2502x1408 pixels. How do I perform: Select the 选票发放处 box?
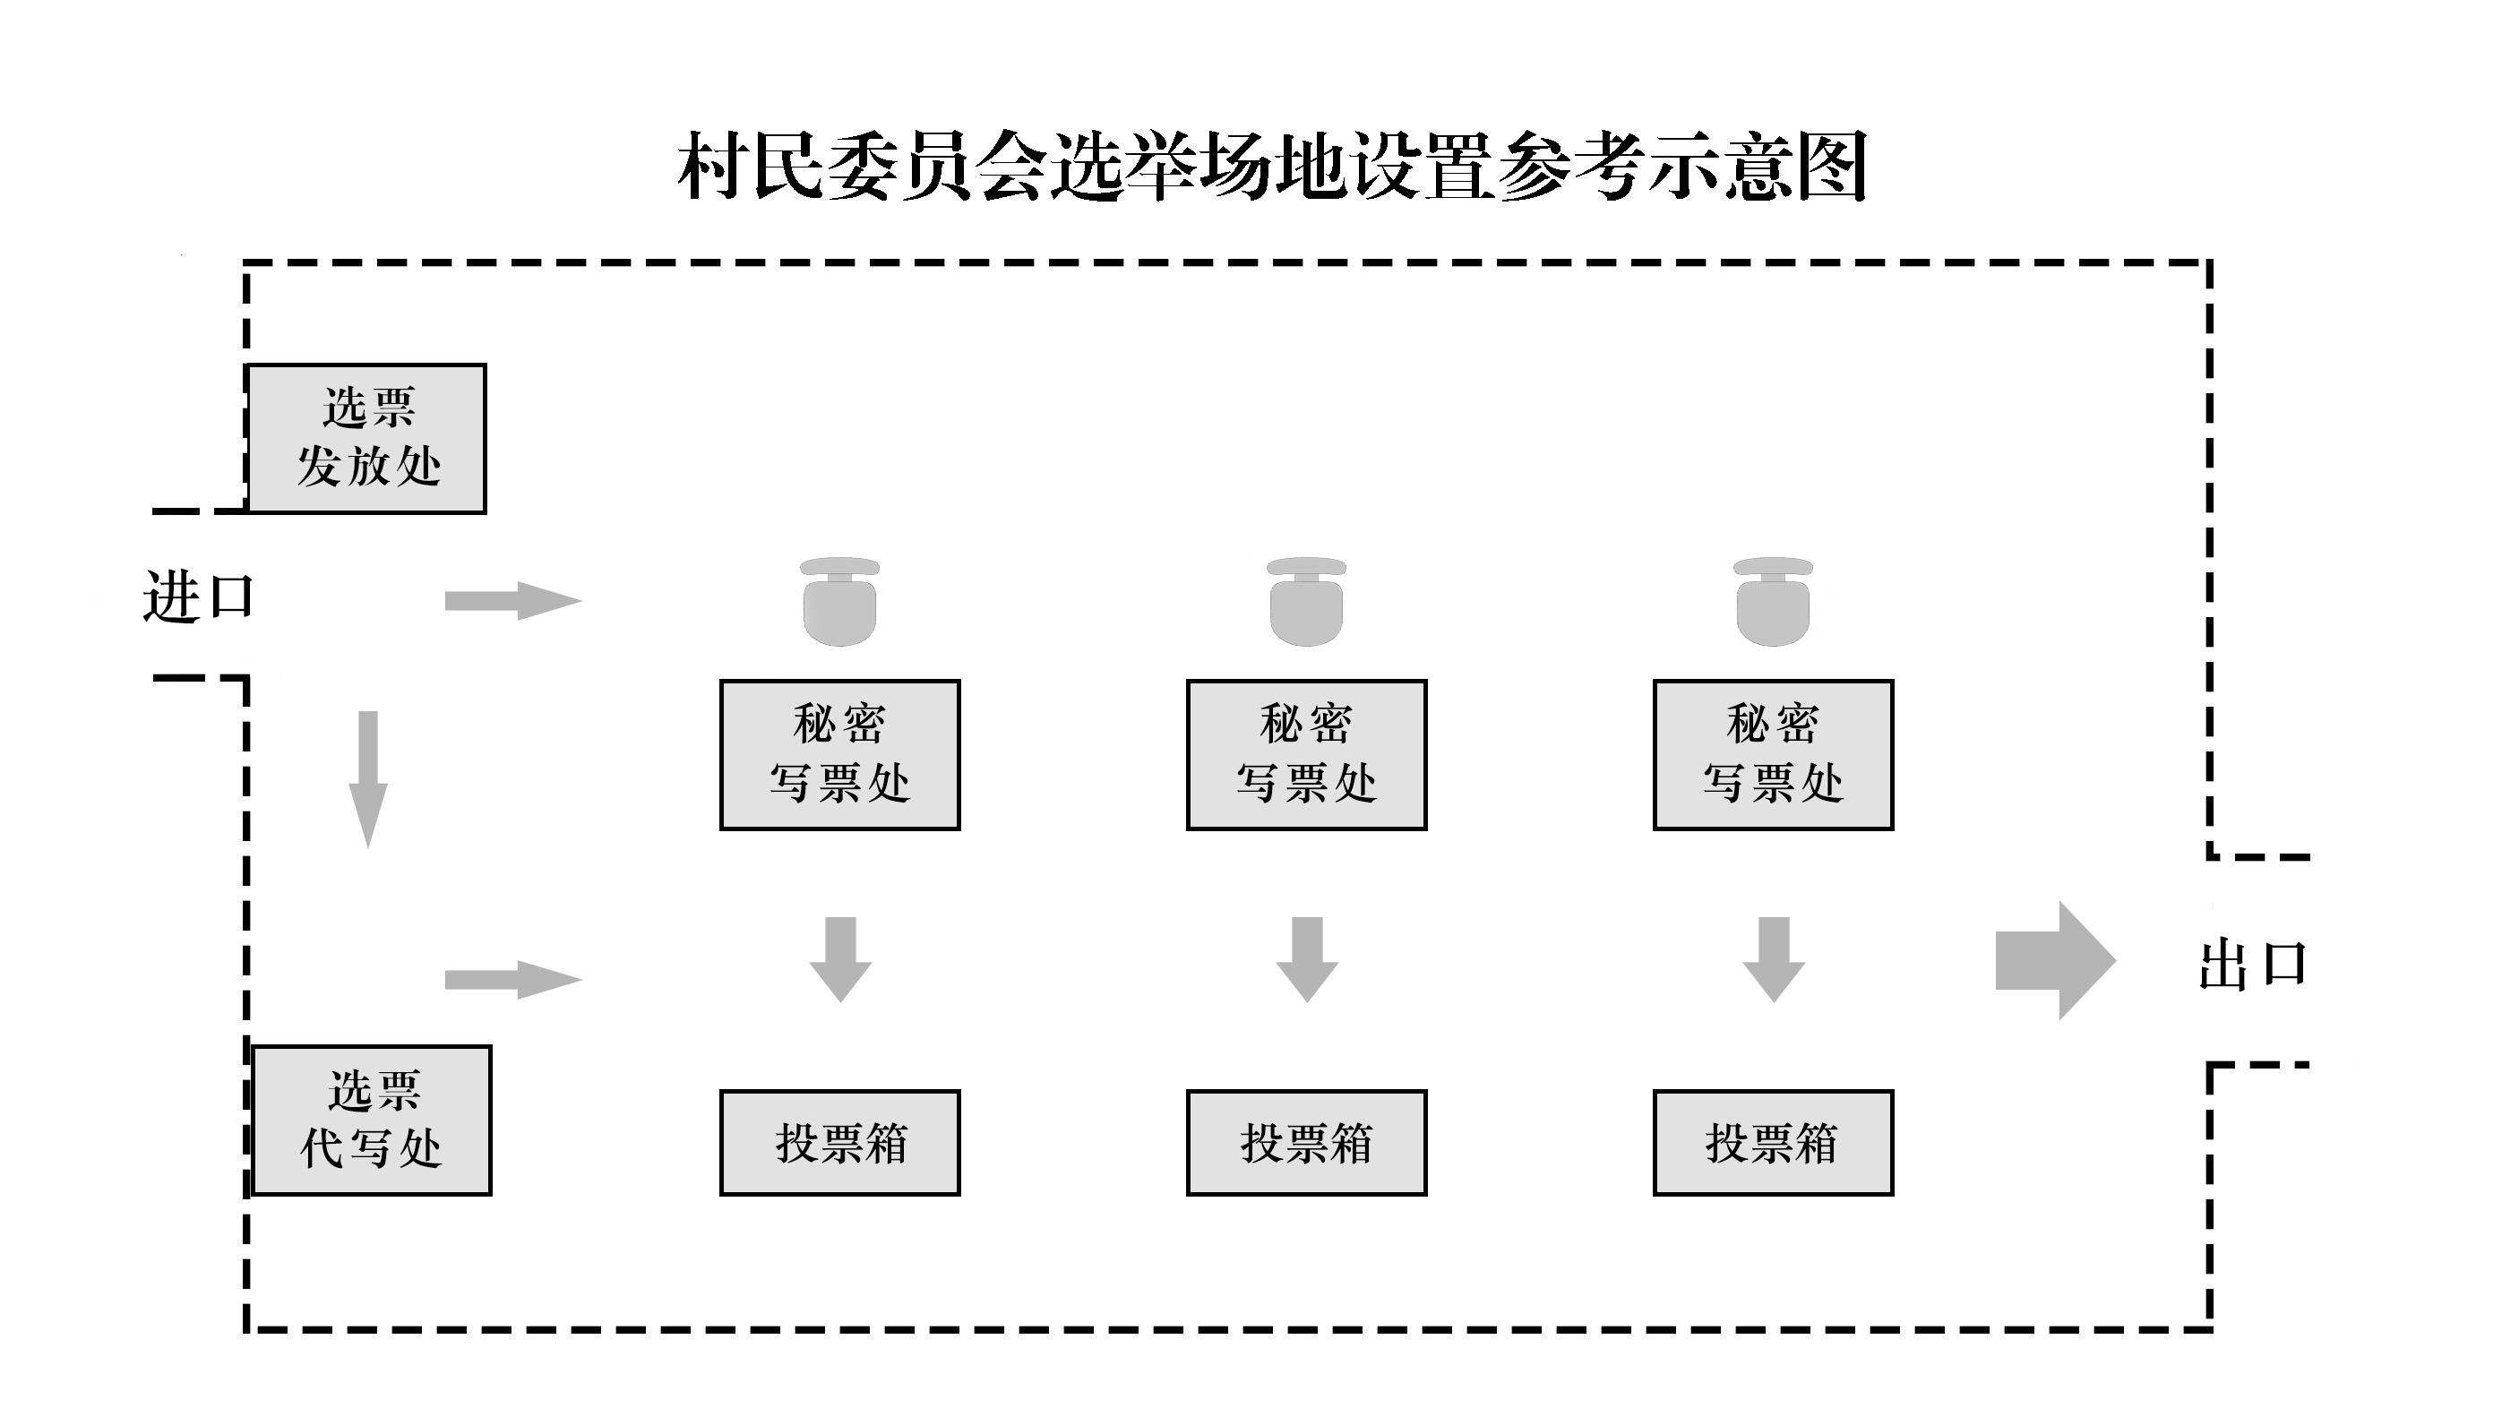click(367, 439)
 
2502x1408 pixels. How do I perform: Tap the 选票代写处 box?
click(372, 1120)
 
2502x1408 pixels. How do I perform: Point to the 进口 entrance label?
click(199, 597)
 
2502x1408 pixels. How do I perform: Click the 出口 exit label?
click(2253, 966)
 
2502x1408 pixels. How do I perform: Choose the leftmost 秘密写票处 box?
click(840, 754)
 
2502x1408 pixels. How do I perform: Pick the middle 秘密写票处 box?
click(1306, 754)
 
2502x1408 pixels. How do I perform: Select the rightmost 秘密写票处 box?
click(1774, 754)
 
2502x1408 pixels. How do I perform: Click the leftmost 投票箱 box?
click(840, 1143)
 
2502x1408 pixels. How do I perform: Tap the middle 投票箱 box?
click(1306, 1143)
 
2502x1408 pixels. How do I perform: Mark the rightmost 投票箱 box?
click(1774, 1143)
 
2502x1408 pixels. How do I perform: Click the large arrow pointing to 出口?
click(2055, 960)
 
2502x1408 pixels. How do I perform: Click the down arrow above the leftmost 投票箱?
click(840, 959)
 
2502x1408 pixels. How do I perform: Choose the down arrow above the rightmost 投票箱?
click(1774, 959)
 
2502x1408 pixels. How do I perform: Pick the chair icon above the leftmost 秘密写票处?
click(840, 602)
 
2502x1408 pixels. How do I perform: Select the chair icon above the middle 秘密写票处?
click(1306, 602)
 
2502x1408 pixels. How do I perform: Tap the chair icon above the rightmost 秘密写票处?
click(1774, 602)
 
